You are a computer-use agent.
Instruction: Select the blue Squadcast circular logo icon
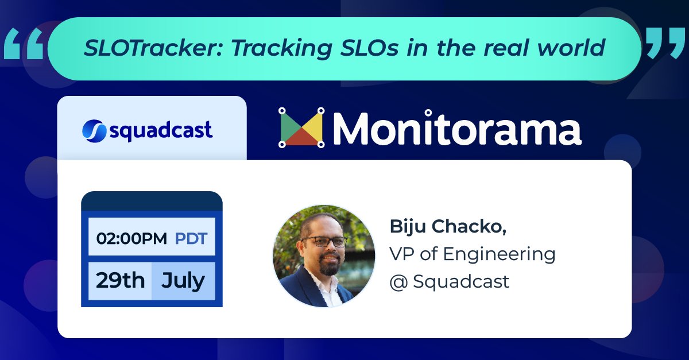click(93, 130)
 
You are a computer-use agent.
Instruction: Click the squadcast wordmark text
click(161, 131)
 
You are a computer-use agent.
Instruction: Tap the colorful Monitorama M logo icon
click(302, 127)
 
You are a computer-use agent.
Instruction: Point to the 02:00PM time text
click(131, 238)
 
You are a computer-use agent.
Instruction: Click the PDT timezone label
click(191, 238)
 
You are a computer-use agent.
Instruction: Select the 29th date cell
click(120, 281)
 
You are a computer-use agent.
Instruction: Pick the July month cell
click(183, 281)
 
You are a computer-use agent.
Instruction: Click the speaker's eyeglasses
click(324, 241)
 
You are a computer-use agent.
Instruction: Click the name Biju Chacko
click(448, 226)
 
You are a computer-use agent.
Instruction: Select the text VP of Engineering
click(472, 254)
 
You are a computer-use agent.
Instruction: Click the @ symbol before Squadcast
click(398, 282)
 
